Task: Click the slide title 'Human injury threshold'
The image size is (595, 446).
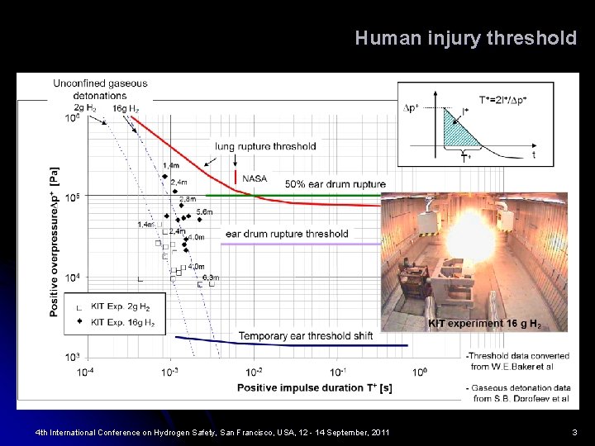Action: (465, 38)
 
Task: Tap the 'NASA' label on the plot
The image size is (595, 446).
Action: (255, 178)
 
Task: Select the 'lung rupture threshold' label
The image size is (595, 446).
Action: (265, 146)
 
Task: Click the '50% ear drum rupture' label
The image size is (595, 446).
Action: (335, 184)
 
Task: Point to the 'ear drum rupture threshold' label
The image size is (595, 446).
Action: (287, 234)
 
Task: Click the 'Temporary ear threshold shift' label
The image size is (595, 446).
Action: (306, 335)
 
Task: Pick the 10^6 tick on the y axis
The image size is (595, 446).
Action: (73, 118)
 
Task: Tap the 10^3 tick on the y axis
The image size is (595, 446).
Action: (73, 358)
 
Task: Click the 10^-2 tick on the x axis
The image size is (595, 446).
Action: (254, 372)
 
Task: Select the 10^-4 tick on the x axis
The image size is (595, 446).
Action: (86, 372)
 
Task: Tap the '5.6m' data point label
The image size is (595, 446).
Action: (204, 212)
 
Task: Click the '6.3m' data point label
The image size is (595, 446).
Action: (210, 278)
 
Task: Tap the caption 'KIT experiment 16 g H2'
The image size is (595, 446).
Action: (484, 324)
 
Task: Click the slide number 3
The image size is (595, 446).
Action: (574, 432)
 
